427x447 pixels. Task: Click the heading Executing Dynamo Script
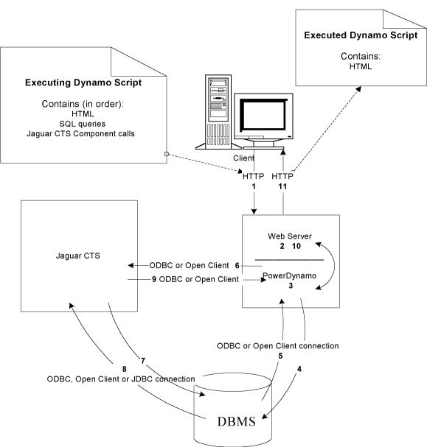[83, 82]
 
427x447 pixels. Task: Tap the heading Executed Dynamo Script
[361, 35]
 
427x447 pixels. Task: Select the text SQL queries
[82, 124]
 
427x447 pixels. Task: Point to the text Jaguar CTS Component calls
[80, 134]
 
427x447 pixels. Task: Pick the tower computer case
[218, 112]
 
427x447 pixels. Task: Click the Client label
[243, 158]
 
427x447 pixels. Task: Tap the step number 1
[254, 186]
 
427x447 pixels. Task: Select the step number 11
[282, 186]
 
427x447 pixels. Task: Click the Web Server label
[290, 236]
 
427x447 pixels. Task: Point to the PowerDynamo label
[289, 275]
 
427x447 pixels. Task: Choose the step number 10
[296, 246]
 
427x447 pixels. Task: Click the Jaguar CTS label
[78, 256]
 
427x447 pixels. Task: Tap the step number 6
[237, 266]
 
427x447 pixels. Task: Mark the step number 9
[154, 279]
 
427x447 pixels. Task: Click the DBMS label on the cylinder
[236, 422]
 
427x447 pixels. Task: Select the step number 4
[299, 369]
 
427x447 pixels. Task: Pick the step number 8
[125, 369]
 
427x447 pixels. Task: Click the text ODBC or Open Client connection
[278, 346]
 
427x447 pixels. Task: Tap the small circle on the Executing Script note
[167, 154]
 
